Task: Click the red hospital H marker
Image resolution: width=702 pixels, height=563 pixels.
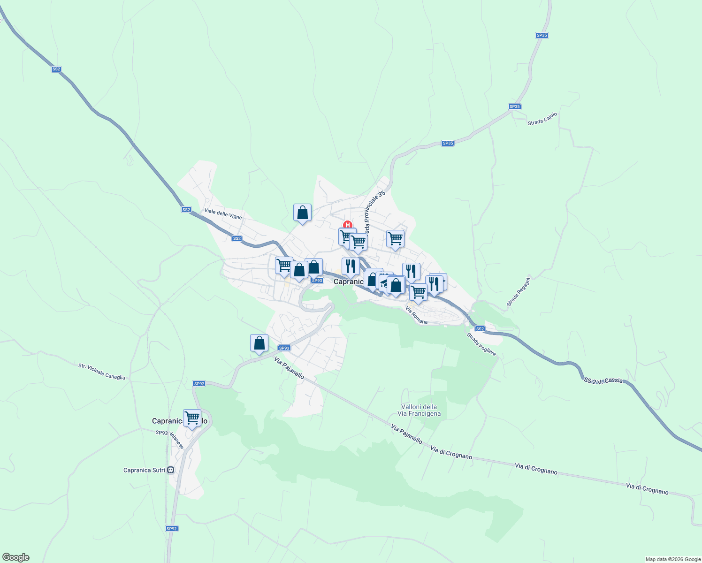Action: click(348, 225)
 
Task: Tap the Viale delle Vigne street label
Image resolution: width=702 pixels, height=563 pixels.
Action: click(223, 214)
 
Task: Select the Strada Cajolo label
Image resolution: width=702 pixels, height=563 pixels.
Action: click(542, 119)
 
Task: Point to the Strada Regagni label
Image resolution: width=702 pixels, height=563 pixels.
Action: click(519, 292)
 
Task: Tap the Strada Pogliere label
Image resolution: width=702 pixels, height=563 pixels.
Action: click(481, 344)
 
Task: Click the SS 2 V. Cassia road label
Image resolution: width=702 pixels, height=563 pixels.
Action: click(603, 381)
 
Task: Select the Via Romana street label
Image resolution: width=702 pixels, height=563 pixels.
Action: click(417, 316)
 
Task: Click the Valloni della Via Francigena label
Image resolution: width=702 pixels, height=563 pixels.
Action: click(419, 410)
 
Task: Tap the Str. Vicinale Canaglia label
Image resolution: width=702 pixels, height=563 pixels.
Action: click(102, 371)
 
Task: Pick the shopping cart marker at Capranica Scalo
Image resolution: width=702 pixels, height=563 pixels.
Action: click(192, 418)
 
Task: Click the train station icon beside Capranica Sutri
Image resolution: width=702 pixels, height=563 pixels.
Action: click(171, 470)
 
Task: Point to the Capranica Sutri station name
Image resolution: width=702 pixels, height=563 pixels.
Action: click(144, 470)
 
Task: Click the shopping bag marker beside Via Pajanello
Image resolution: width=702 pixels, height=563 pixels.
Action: click(259, 343)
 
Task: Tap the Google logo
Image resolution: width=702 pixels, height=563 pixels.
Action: click(16, 557)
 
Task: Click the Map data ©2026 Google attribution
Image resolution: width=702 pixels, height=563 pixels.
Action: click(673, 559)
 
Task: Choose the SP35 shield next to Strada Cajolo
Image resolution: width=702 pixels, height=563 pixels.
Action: click(515, 107)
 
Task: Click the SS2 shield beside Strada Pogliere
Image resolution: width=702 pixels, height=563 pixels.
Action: click(479, 329)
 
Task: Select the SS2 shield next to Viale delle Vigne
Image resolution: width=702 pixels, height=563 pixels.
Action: click(186, 210)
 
